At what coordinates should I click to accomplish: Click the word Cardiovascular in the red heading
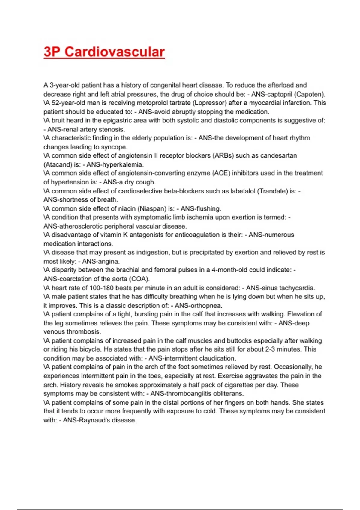115,52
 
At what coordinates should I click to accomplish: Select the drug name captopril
280,94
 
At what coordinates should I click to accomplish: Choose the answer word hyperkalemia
125,164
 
